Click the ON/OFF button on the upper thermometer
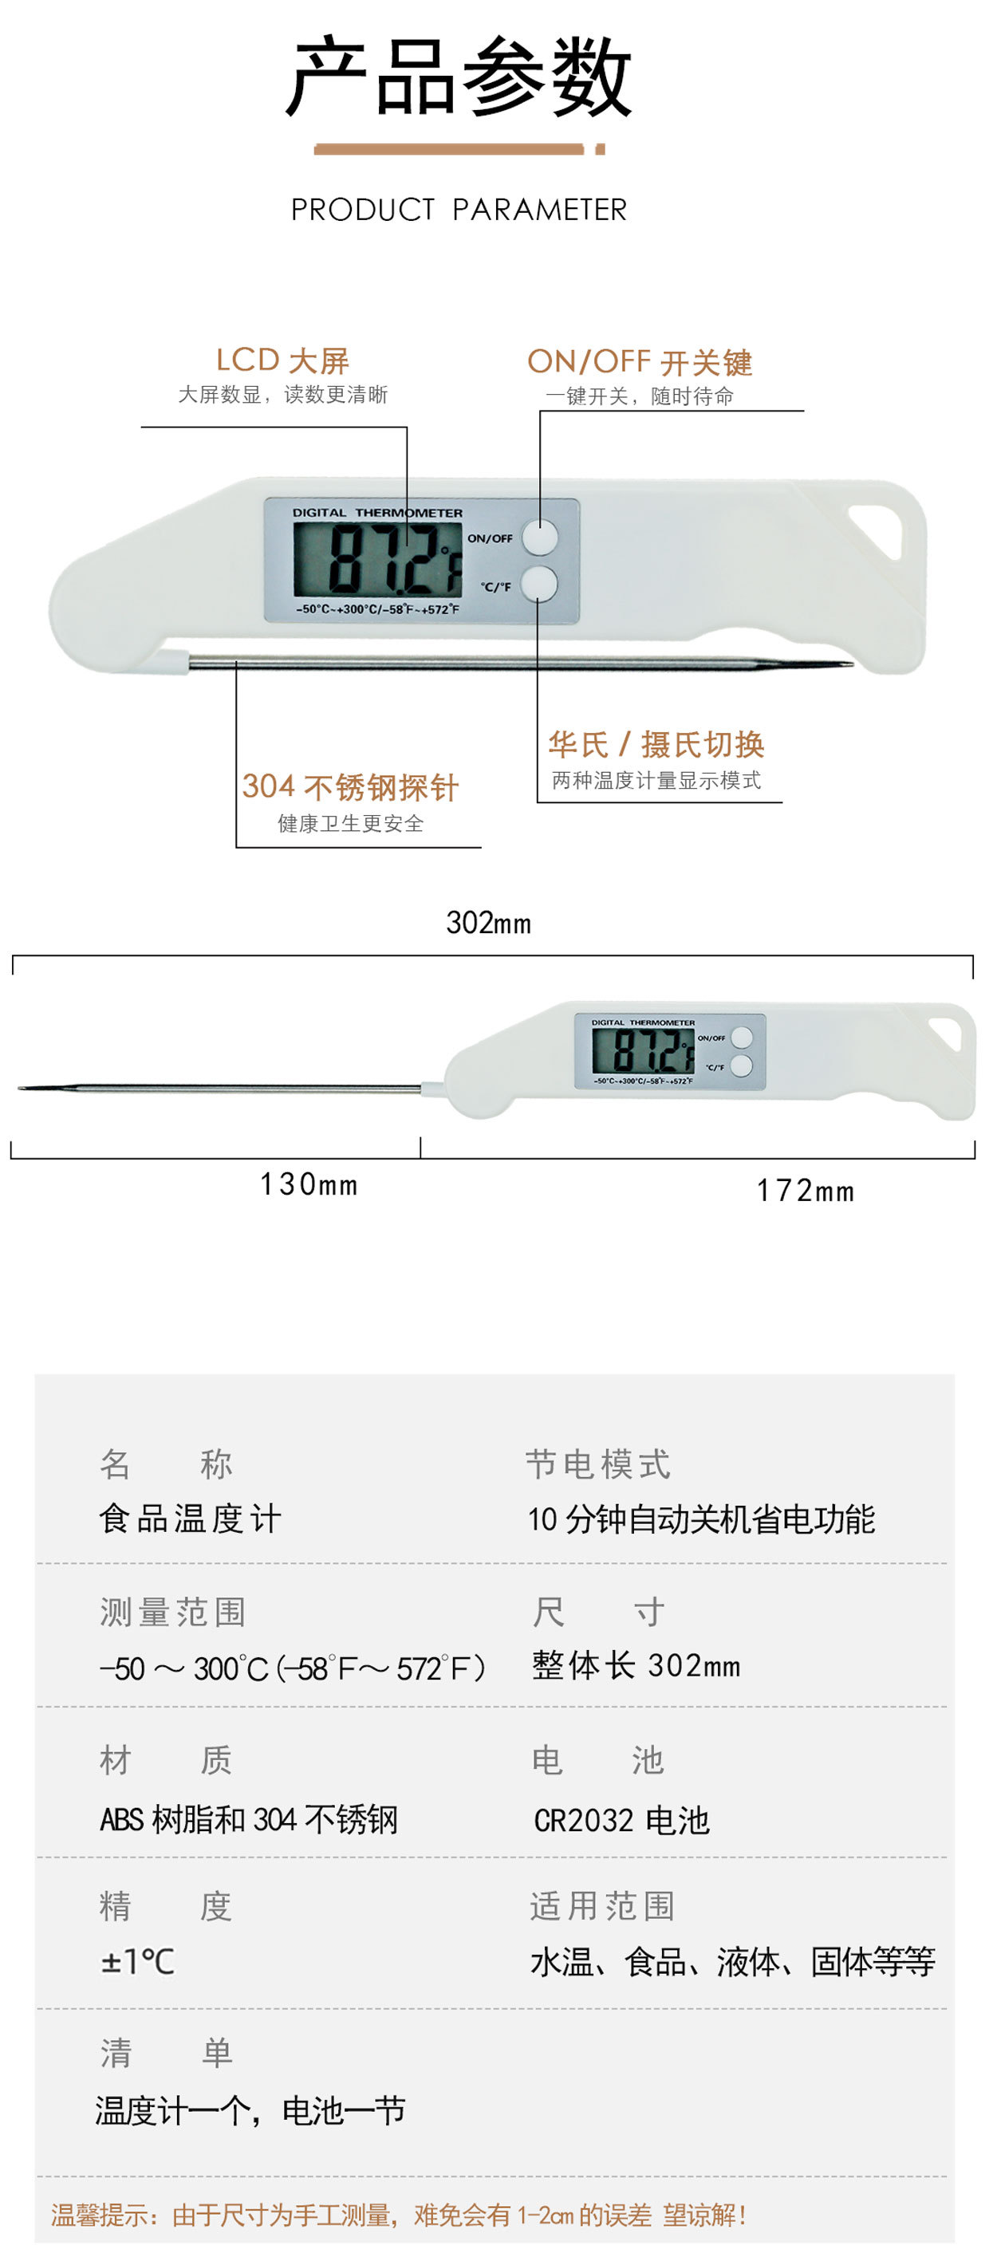point(539,537)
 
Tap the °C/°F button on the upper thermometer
point(539,584)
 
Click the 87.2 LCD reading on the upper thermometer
point(393,560)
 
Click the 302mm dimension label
point(488,923)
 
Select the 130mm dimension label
point(309,1184)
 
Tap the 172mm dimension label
point(806,1191)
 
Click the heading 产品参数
point(459,77)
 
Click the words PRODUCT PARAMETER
point(459,209)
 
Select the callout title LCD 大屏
point(282,360)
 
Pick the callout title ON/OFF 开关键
point(640,362)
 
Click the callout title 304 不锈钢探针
point(350,787)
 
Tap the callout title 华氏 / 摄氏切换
point(656,744)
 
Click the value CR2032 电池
point(621,1820)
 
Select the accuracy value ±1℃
point(138,1962)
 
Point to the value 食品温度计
point(190,1518)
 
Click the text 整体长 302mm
point(636,1665)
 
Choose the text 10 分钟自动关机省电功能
point(702,1519)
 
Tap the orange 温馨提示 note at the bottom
point(398,2215)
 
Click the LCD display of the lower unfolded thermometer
point(643,1050)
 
